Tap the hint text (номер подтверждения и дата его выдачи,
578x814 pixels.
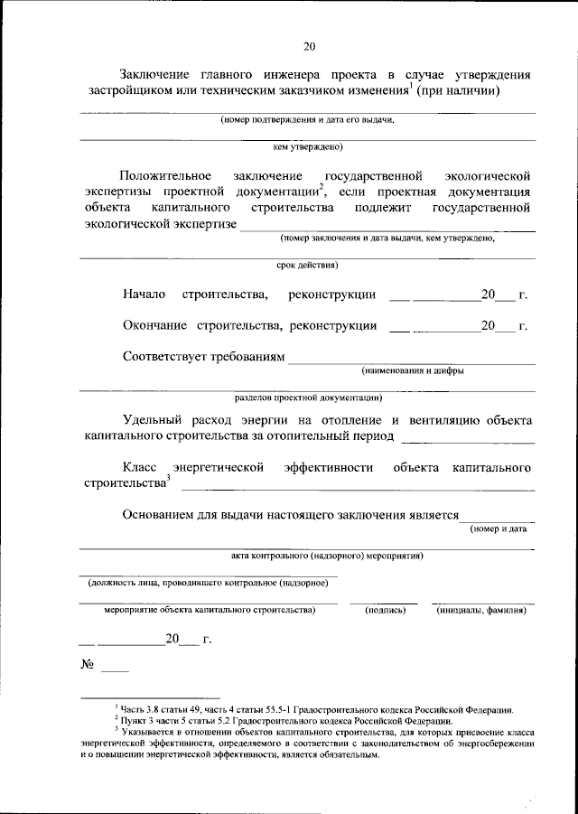(307, 119)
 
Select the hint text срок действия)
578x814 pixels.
(307, 266)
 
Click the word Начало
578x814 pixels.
(144, 295)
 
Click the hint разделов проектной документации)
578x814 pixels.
(307, 397)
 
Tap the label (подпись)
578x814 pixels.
(385, 610)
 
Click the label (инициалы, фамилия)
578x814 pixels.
(481, 610)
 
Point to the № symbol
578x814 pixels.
(89, 666)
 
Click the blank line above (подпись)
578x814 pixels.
(384, 602)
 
